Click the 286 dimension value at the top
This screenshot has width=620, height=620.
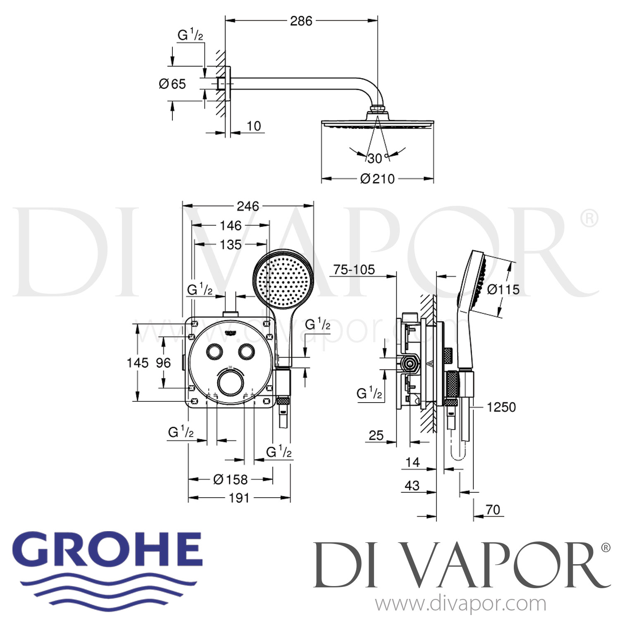click(x=301, y=21)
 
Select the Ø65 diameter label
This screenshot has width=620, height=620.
click(x=172, y=84)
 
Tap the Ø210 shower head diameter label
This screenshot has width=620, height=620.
click(x=377, y=179)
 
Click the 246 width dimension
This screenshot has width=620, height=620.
click(x=248, y=206)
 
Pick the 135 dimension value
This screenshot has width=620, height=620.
click(x=230, y=244)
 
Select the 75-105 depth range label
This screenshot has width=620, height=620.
click(x=354, y=269)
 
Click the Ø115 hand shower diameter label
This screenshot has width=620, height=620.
click(x=503, y=289)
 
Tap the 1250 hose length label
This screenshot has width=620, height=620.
click(x=501, y=407)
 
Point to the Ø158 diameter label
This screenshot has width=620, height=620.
click(x=230, y=479)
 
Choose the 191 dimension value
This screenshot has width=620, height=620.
click(x=239, y=498)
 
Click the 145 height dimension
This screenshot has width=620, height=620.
click(x=137, y=363)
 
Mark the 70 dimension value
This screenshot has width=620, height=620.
click(x=493, y=510)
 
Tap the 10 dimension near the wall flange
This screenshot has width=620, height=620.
click(x=254, y=126)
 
